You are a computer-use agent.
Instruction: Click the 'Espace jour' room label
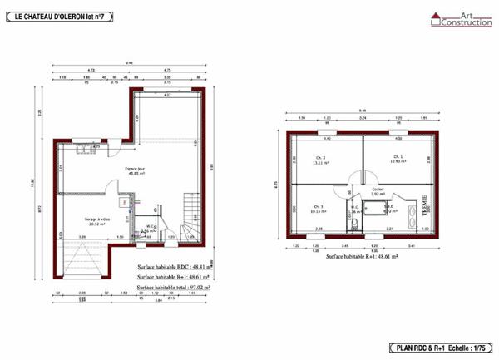pyautogui.click(x=135, y=170)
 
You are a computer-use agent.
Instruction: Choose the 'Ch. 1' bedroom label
pyautogui.click(x=397, y=159)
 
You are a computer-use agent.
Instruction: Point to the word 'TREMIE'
pyautogui.click(x=423, y=202)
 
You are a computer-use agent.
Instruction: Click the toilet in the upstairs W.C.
pyautogui.click(x=354, y=221)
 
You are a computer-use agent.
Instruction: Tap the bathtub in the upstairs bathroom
pyautogui.click(x=372, y=209)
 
